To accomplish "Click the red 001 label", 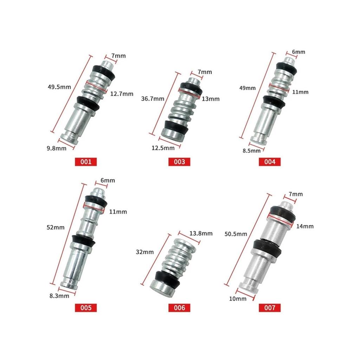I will (86, 162).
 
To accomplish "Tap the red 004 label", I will (270, 162).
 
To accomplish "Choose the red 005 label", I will (86, 308).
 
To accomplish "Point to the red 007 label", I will (270, 308).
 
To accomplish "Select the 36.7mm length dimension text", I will (152, 99).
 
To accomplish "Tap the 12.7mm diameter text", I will (122, 94).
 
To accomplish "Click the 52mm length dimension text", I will (56, 227).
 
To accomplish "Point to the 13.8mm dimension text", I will (201, 233).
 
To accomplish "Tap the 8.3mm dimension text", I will (59, 296).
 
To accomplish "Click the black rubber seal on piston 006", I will (167, 278).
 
